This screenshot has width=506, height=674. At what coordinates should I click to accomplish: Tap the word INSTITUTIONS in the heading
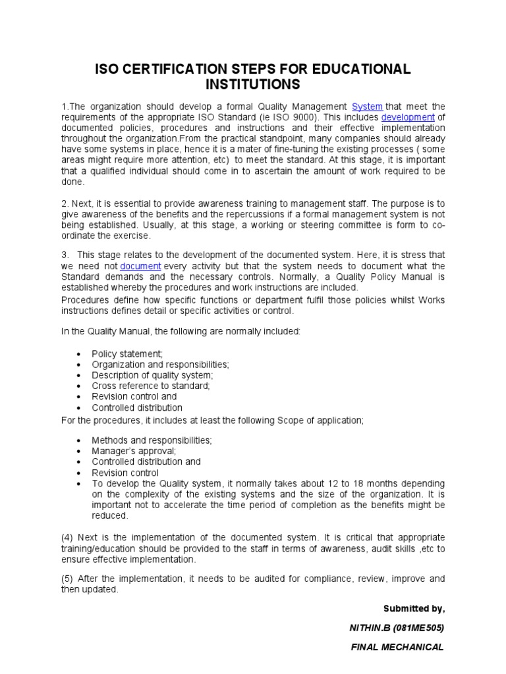(253, 85)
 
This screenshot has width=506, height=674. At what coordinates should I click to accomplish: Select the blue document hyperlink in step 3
(140, 266)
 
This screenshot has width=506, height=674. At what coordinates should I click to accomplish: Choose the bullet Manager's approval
(134, 451)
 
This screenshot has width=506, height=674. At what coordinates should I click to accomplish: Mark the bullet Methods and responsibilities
(152, 440)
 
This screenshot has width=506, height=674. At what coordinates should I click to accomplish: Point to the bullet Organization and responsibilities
(160, 365)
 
